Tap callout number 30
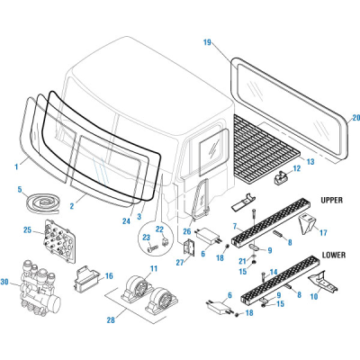[x=7, y=282]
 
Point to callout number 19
[x=207, y=42]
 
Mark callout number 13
[x=310, y=163]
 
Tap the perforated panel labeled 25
[x=59, y=238]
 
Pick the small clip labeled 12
[x=287, y=175]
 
